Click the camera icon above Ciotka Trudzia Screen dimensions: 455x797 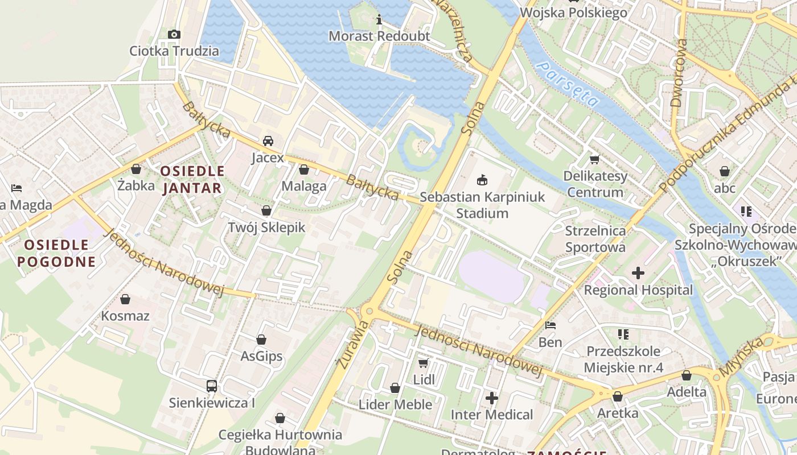click(x=174, y=35)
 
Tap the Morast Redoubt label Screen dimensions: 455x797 click(x=379, y=36)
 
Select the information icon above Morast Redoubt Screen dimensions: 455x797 click(x=379, y=20)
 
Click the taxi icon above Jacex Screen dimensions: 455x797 click(x=268, y=141)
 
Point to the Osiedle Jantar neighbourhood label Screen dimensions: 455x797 click(x=192, y=179)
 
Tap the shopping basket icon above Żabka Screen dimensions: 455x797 click(x=136, y=169)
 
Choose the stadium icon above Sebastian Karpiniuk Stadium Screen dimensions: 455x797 click(x=482, y=180)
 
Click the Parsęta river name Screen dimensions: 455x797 click(x=568, y=85)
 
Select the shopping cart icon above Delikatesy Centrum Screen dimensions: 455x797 click(x=595, y=160)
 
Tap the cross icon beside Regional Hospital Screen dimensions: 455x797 click(x=638, y=274)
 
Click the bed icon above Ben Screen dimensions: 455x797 click(x=550, y=325)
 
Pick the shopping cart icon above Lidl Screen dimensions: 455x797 click(x=423, y=363)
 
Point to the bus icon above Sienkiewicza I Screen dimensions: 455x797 click(x=212, y=386)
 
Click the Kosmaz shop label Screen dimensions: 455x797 click(x=125, y=316)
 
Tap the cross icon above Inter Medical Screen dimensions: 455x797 click(x=492, y=398)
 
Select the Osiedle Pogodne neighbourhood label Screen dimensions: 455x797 click(x=56, y=253)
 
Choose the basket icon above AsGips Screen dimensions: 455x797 click(x=261, y=340)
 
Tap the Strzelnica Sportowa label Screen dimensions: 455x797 click(x=595, y=239)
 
